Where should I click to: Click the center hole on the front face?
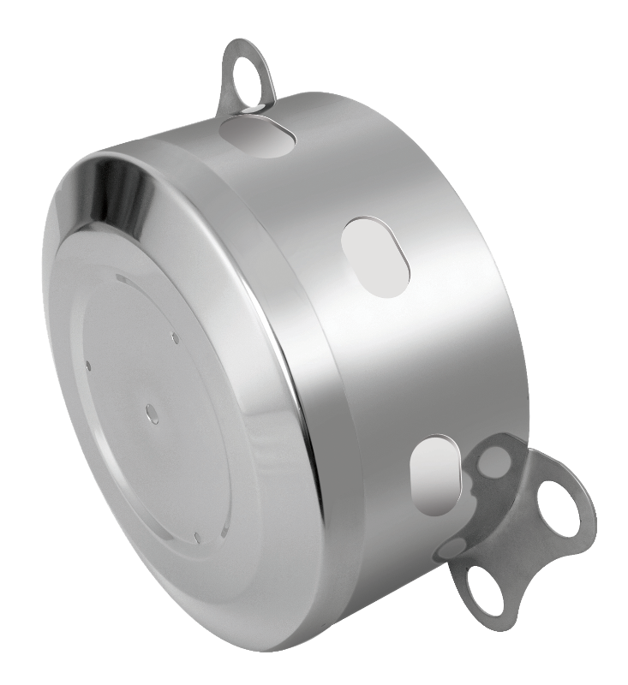pyautogui.click(x=152, y=412)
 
